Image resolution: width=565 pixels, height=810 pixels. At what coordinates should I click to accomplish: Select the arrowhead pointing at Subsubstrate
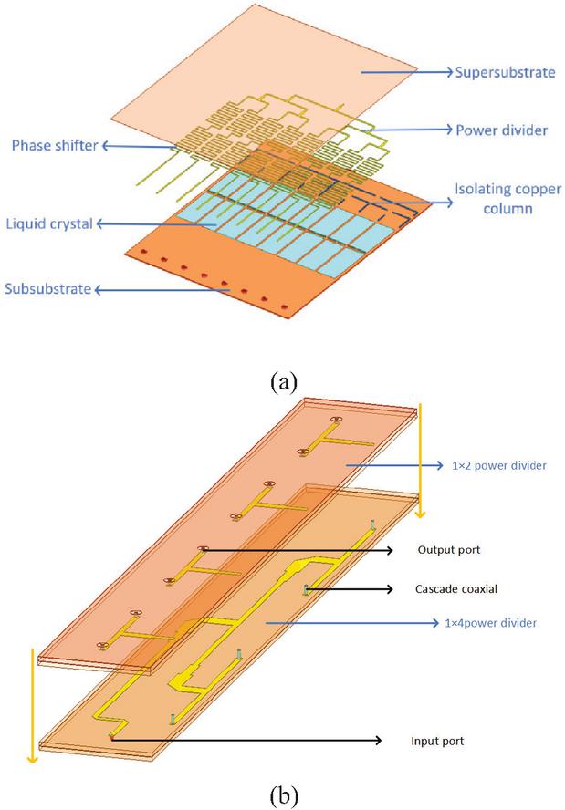pyautogui.click(x=99, y=290)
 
